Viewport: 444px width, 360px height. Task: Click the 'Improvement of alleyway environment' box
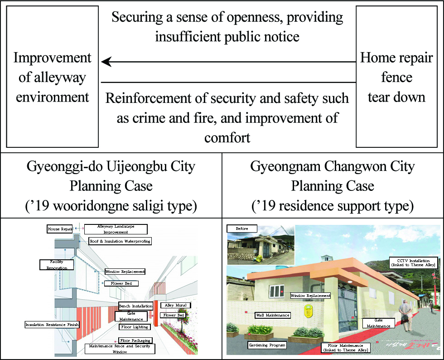tap(53, 77)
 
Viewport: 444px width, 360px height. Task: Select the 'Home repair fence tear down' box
tap(396, 77)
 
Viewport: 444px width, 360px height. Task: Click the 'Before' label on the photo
tap(242, 229)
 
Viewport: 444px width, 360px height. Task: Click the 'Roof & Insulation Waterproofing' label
tap(120, 241)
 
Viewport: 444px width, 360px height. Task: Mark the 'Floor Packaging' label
tap(135, 341)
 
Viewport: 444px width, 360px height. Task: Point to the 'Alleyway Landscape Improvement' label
tap(116, 229)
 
